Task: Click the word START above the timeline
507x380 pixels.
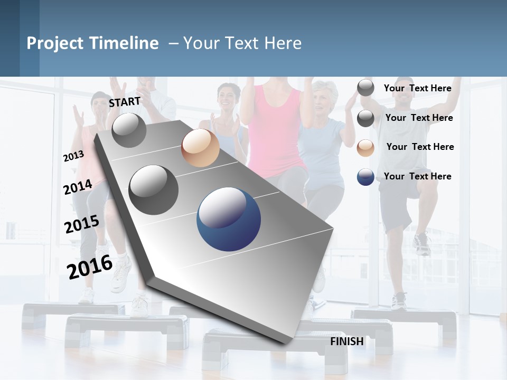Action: (125, 102)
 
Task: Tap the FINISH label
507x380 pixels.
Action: (347, 341)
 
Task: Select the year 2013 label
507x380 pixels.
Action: (73, 156)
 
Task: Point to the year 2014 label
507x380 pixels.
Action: (78, 187)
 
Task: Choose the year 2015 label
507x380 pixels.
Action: (81, 224)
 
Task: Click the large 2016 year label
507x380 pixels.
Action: (90, 267)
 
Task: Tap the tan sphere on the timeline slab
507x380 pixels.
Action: (200, 148)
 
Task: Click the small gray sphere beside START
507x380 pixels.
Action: (129, 130)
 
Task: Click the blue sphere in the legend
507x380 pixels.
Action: (365, 177)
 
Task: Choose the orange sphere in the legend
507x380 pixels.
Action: (365, 148)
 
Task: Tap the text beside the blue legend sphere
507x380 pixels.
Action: (418, 176)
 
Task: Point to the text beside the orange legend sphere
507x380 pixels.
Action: (420, 147)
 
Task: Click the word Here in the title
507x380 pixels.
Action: (283, 43)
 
